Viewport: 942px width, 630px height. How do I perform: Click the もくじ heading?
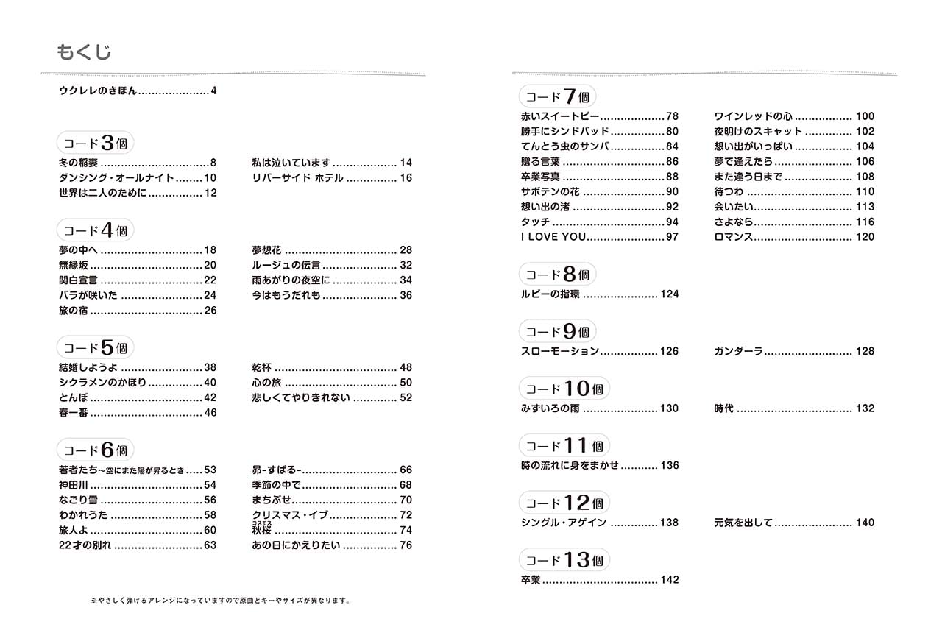pos(84,52)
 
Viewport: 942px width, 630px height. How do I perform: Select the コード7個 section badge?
pos(557,96)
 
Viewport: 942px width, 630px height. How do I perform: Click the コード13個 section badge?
pos(564,560)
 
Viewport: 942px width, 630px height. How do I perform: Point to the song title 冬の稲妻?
pos(78,163)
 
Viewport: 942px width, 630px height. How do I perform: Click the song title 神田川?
pos(73,485)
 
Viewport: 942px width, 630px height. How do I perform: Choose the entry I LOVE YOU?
pos(553,237)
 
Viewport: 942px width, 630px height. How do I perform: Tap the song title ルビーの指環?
pos(550,294)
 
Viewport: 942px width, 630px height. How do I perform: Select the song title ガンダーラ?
pos(737,352)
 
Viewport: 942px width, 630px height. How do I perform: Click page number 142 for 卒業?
pos(669,580)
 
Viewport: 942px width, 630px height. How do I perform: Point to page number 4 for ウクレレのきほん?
pos(213,92)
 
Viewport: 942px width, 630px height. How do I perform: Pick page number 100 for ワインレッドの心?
pos(865,116)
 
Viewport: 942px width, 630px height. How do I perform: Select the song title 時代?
pos(723,408)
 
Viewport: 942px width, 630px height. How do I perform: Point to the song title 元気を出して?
pos(743,523)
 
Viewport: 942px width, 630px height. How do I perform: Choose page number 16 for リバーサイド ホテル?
pos(406,178)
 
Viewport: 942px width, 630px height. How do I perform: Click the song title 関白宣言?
pos(78,280)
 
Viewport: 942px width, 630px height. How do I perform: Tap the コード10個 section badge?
pos(564,389)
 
